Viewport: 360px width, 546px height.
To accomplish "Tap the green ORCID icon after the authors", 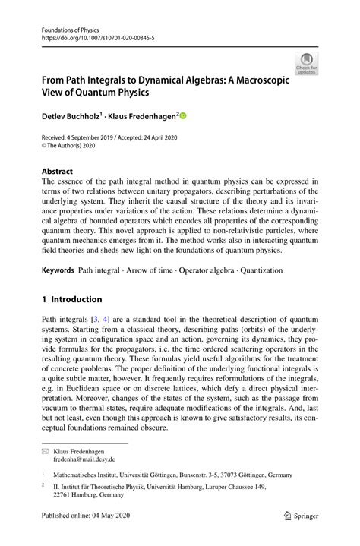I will (x=183, y=116).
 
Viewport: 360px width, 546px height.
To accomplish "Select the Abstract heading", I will (x=57, y=172).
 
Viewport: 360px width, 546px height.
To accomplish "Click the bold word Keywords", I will (x=58, y=270).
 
